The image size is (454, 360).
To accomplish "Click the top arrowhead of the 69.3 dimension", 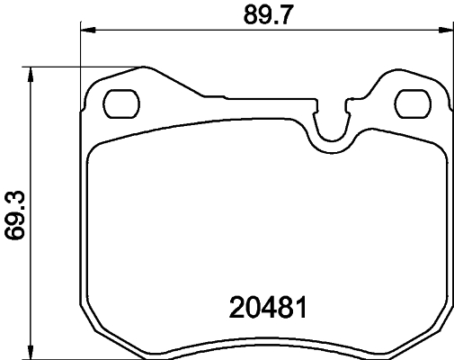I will click(x=33, y=72).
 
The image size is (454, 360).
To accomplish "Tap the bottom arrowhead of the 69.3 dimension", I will click(x=33, y=354).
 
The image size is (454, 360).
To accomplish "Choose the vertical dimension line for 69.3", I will click(x=33, y=144).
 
